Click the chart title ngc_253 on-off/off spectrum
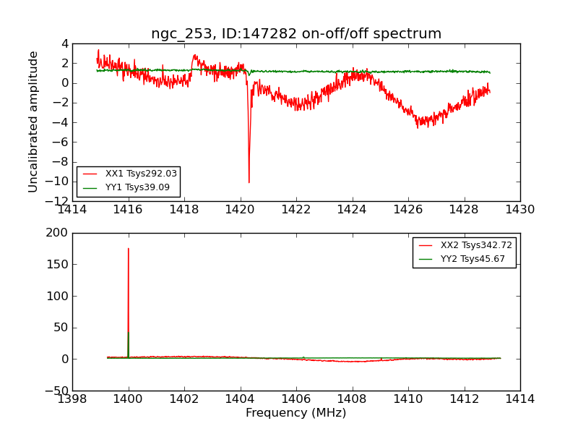pos(296,34)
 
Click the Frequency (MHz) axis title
pos(296,413)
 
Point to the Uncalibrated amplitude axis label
pos(33,122)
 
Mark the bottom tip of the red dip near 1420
pos(249,182)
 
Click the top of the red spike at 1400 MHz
pos(129,249)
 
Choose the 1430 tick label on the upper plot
pos(520,210)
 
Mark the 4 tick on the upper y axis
pos(65,43)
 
